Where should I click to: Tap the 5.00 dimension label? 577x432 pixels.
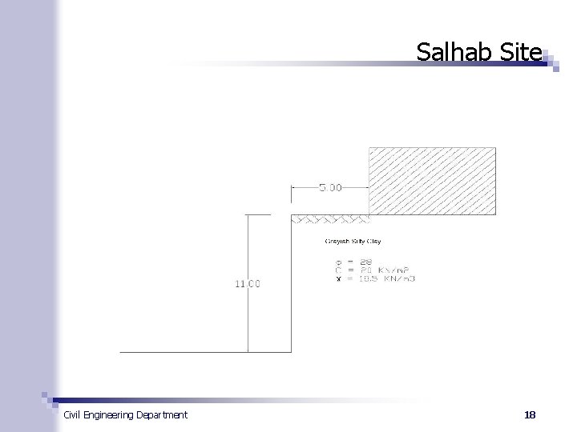pyautogui.click(x=331, y=188)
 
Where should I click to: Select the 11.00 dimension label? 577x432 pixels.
pyautogui.click(x=247, y=283)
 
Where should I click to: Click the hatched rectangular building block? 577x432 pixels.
pyautogui.click(x=432, y=181)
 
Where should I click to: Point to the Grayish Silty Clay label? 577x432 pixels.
pyautogui.click(x=353, y=241)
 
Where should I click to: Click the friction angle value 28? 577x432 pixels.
pyautogui.click(x=365, y=262)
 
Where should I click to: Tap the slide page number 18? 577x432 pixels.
pyautogui.click(x=529, y=414)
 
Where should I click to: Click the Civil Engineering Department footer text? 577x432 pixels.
pyautogui.click(x=125, y=414)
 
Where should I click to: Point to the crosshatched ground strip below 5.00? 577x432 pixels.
pyautogui.click(x=329, y=218)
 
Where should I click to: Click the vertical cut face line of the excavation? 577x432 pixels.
pyautogui.click(x=291, y=288)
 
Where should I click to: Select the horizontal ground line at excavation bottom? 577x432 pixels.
pyautogui.click(x=184, y=352)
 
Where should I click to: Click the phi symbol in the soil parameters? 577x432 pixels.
pyautogui.click(x=339, y=262)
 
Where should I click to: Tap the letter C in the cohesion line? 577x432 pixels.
pyautogui.click(x=339, y=270)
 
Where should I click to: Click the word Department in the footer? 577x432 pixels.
pyautogui.click(x=162, y=414)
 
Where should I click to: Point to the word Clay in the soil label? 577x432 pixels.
pyautogui.click(x=375, y=241)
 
